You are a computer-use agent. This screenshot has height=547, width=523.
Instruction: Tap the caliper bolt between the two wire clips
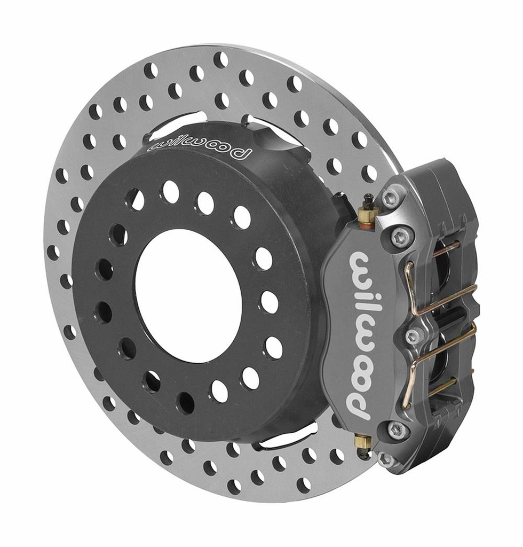click(x=413, y=336)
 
